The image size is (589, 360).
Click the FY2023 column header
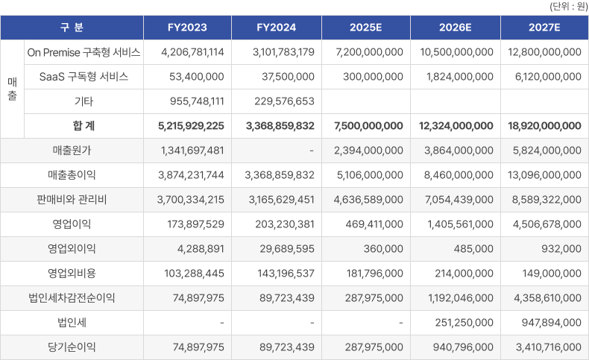(186, 28)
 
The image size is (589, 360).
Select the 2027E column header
(544, 28)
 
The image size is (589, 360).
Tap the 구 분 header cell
(72, 28)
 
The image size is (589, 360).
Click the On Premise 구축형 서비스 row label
(84, 52)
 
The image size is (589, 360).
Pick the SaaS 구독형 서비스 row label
(84, 77)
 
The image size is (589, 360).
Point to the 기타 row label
(84, 101)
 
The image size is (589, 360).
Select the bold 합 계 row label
(84, 126)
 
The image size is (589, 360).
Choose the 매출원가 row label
(72, 151)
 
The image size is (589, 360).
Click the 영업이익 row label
(72, 224)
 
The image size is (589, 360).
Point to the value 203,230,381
(280, 224)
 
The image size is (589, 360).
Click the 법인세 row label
(72, 323)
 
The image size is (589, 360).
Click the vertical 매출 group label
(12, 89)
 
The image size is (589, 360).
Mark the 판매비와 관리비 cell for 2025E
(368, 200)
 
